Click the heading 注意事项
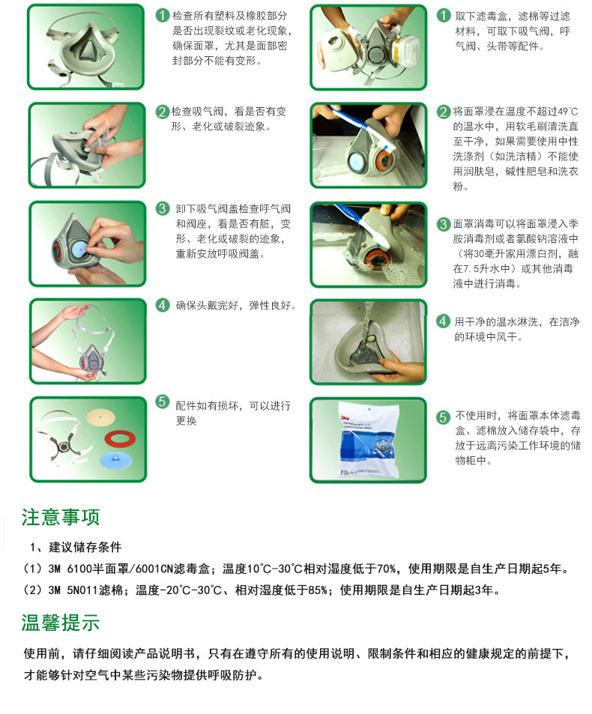61,517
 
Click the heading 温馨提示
61,623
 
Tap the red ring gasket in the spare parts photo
120,439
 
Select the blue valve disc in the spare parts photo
115,460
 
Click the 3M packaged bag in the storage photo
369,440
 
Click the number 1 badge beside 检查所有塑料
163,16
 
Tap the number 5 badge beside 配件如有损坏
163,402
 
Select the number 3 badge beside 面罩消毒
444,224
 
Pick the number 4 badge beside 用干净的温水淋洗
444,321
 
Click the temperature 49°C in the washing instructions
568,112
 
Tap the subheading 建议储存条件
85,547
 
